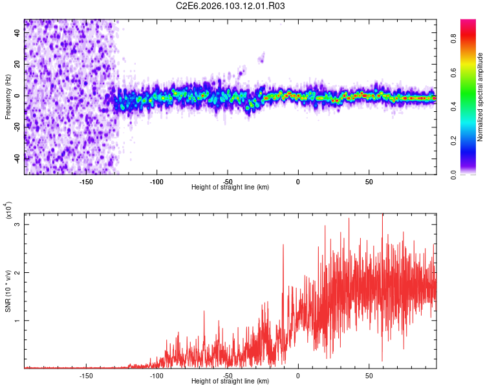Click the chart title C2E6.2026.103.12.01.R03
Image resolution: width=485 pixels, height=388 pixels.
(231, 6)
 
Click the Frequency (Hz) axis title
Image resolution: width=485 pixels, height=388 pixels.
(8, 96)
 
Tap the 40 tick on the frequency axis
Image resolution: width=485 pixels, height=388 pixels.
(17, 34)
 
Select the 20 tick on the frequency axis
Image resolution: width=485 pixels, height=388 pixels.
(17, 65)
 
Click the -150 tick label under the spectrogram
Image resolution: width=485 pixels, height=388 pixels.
(86, 181)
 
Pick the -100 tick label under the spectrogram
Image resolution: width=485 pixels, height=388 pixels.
(156, 181)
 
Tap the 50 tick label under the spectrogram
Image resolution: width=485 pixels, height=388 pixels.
(369, 181)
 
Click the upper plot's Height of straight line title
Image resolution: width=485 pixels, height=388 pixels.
(230, 188)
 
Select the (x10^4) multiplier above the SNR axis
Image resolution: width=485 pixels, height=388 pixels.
(8, 213)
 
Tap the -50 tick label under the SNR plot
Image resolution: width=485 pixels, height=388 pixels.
(228, 375)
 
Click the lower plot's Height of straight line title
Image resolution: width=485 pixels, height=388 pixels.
(230, 382)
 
